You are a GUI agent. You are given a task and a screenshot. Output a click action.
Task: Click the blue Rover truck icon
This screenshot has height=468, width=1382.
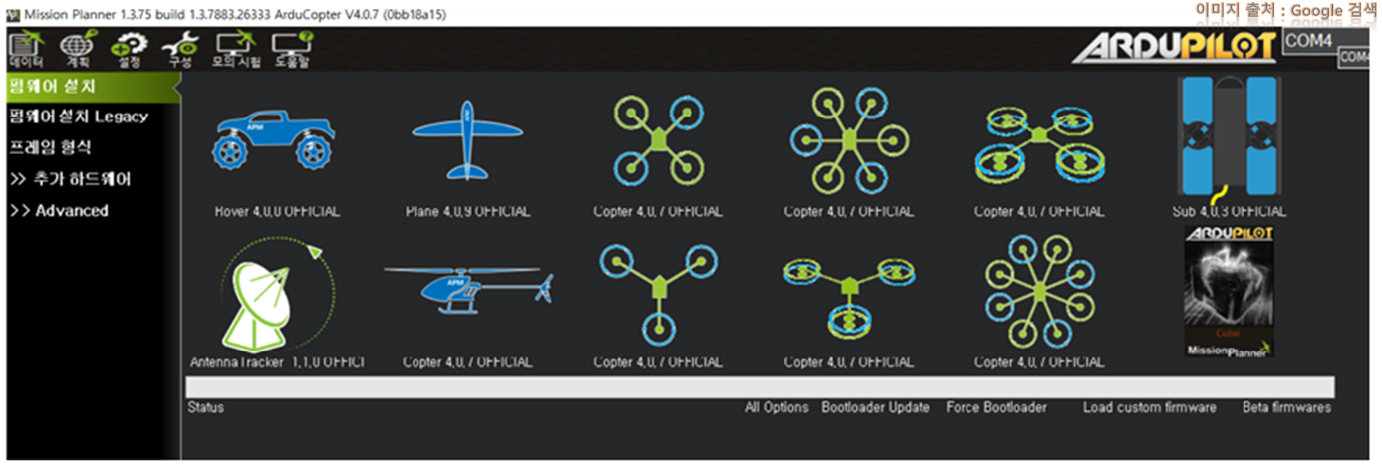pos(275,141)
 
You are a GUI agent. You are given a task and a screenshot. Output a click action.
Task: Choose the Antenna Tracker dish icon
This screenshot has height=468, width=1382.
pos(272,295)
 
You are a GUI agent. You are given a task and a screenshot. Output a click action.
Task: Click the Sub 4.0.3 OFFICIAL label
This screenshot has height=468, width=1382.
pos(1229,212)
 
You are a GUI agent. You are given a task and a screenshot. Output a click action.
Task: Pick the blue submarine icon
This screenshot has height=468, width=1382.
pos(1229,134)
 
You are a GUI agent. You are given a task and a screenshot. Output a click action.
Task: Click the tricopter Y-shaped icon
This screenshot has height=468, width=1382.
pos(658,288)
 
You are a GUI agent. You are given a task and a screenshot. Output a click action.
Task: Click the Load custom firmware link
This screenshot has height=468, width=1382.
pos(1149,408)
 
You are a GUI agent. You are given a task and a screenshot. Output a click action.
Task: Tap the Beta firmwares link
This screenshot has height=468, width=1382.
pos(1285,408)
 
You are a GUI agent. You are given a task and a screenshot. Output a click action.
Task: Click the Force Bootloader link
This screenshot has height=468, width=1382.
pos(995,408)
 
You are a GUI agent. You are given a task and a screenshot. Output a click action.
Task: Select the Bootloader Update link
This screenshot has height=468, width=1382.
pos(875,408)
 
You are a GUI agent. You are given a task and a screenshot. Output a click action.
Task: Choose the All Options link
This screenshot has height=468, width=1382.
pos(776,408)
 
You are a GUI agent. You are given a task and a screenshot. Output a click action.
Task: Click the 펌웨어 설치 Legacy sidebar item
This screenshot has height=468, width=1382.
pos(78,117)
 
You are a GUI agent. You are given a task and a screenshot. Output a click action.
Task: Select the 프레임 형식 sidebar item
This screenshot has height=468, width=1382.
pos(50,148)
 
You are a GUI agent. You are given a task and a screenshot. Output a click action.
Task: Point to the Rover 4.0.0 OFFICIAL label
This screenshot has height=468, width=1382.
pos(276,212)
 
